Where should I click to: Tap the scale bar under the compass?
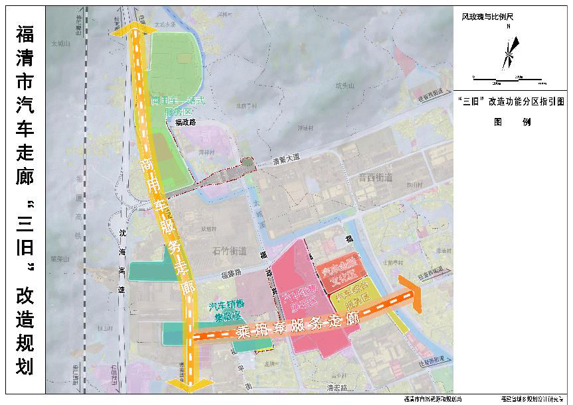(509, 80)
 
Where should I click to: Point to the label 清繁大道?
(286, 158)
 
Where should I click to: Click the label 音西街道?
(375, 178)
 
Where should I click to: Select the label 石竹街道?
(229, 251)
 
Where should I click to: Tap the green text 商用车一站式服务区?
(177, 106)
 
